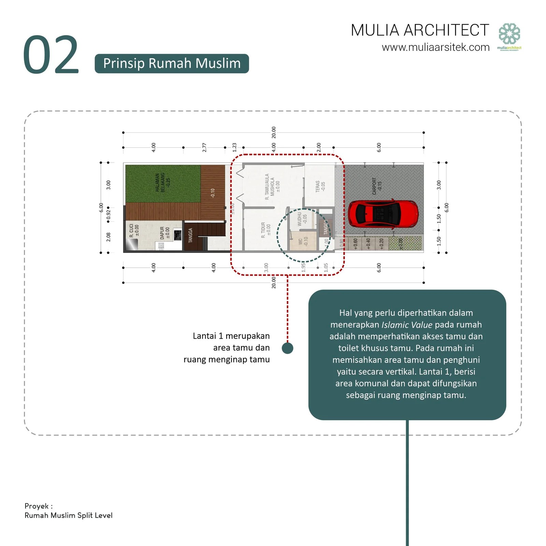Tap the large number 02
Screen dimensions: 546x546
pos(51,55)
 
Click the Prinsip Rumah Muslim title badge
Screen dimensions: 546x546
pos(172,63)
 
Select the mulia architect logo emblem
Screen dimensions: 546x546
pos(509,34)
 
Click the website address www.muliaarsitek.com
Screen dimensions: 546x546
pos(435,47)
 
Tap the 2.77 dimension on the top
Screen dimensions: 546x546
pos(204,147)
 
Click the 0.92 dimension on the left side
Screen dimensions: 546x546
pos(109,214)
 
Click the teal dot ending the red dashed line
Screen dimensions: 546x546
pos(287,348)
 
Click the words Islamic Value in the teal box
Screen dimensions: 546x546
pos(407,325)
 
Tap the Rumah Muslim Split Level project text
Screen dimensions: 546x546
pos(68,515)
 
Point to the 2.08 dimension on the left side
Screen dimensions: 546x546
pos(109,237)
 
